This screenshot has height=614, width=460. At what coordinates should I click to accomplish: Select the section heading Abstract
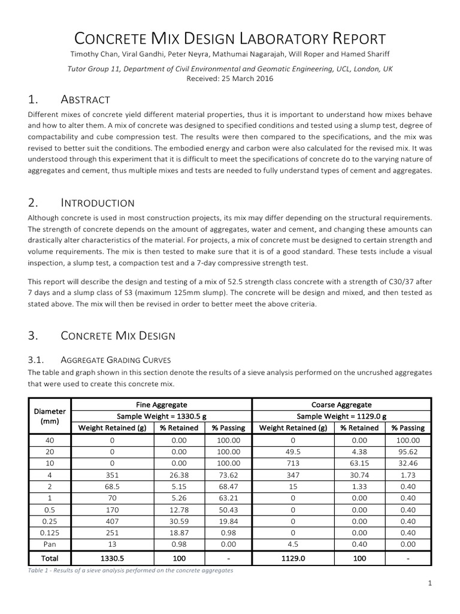click(x=86, y=99)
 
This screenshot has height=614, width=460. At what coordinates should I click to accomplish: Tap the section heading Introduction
click(x=98, y=203)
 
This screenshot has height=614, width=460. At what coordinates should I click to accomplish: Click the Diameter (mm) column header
click(x=50, y=416)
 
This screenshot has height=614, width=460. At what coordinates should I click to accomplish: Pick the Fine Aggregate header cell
click(x=162, y=405)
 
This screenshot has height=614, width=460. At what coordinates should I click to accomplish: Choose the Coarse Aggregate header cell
click(x=341, y=405)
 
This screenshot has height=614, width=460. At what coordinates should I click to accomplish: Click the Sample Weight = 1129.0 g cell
click(x=341, y=416)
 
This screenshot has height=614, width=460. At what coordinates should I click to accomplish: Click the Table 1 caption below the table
click(x=130, y=570)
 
